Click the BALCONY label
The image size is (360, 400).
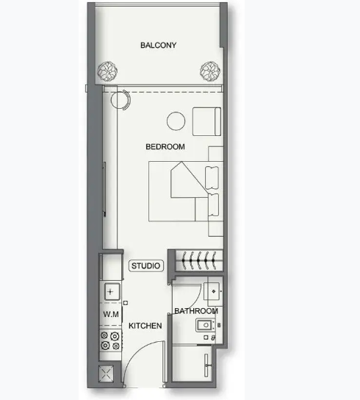tap(159, 45)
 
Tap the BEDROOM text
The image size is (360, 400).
tap(165, 146)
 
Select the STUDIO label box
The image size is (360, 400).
tap(145, 265)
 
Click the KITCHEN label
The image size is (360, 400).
tap(145, 326)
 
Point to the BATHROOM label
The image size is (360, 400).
tap(196, 311)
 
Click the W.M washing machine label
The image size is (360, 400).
tap(111, 314)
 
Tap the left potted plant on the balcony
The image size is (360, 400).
tap(107, 71)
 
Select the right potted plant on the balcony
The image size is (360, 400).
tap(210, 71)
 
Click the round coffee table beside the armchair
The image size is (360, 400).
tap(176, 121)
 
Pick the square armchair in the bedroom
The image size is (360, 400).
tap(206, 121)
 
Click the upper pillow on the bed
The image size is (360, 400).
tap(212, 178)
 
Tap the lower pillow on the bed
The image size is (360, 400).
tap(213, 205)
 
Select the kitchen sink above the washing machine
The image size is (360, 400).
tap(112, 292)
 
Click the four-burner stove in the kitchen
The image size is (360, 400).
tap(110, 340)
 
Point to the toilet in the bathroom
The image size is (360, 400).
tap(206, 325)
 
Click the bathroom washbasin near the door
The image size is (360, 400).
tap(213, 291)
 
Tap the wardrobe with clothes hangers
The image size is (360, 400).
tap(200, 260)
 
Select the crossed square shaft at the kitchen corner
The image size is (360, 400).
tap(106, 374)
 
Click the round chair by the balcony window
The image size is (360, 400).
tap(120, 100)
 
